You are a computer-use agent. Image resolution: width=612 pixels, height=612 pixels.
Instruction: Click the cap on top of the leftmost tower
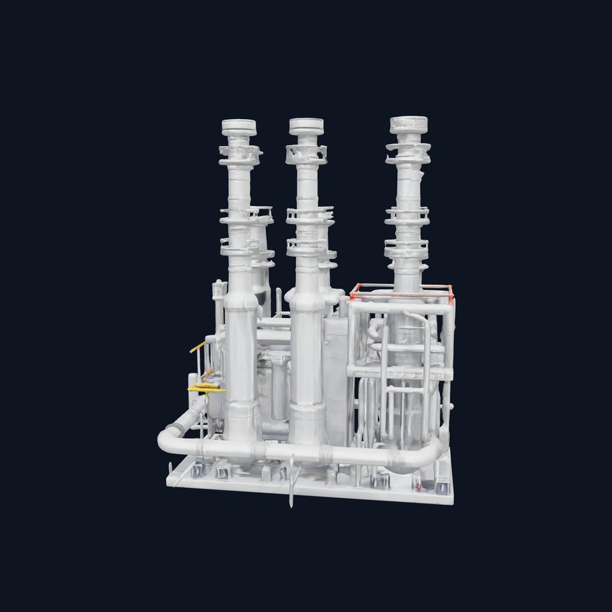click(239, 127)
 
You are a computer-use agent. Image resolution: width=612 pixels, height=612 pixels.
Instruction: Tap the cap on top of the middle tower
click(306, 126)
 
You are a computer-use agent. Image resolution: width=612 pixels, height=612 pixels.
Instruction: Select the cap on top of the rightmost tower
click(409, 124)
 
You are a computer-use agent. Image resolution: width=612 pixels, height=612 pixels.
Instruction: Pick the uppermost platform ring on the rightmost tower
click(408, 152)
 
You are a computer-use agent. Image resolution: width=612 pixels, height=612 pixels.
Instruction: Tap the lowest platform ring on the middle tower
click(307, 245)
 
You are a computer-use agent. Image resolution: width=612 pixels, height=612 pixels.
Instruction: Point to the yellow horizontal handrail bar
click(206, 388)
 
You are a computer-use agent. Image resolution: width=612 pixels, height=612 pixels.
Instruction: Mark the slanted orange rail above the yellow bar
click(198, 347)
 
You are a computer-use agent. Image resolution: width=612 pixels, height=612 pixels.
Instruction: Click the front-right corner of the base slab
click(452, 500)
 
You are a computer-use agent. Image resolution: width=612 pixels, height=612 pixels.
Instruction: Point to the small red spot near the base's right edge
click(418, 488)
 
